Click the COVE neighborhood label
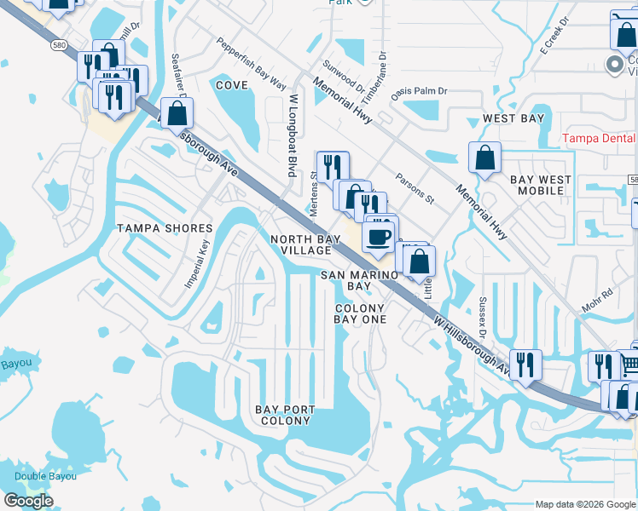tap(231, 85)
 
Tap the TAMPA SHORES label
tap(165, 228)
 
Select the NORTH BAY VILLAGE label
tap(312, 245)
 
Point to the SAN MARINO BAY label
tap(360, 280)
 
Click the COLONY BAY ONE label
tap(360, 313)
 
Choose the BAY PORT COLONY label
tap(285, 415)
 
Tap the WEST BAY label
tap(513, 118)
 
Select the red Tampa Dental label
tap(600, 138)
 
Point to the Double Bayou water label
tap(44, 476)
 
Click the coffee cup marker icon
tap(379, 235)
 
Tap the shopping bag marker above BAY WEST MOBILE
tap(484, 158)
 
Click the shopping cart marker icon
tap(629, 365)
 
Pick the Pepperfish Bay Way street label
tap(250, 63)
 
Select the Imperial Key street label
tap(197, 263)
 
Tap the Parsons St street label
tap(415, 189)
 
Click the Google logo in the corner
tap(28, 501)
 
